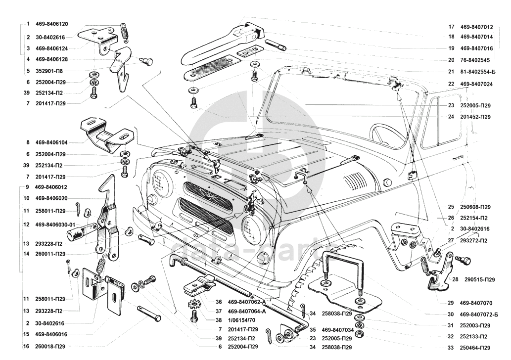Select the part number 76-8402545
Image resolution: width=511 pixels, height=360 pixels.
(474, 60)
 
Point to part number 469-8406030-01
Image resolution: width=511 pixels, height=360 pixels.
(55, 225)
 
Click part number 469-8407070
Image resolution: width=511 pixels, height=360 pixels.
(476, 303)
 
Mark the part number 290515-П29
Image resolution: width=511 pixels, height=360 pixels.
(480, 280)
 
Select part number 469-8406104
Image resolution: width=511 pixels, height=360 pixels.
(51, 142)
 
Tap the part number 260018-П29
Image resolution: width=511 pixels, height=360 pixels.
(50, 347)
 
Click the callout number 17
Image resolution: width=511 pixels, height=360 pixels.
(451, 27)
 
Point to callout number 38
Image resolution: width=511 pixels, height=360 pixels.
(218, 320)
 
